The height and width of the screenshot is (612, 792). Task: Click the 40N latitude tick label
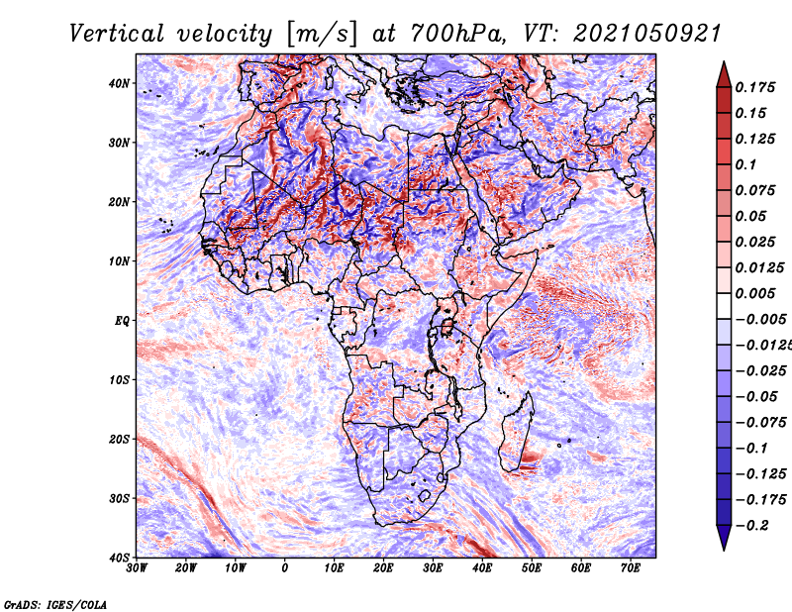(119, 83)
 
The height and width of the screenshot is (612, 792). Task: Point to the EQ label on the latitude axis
(122, 321)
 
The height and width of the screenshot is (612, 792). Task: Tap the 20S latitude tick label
(119, 439)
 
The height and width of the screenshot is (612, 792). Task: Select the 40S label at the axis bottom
(119, 558)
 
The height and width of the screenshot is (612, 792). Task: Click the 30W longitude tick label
(137, 568)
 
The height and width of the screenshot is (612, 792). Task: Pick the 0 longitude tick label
(285, 568)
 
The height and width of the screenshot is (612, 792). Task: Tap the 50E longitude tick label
(532, 568)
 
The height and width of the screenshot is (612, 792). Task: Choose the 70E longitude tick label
(631, 568)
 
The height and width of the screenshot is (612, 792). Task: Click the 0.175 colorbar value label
(754, 87)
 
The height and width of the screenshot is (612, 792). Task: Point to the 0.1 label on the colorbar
(745, 164)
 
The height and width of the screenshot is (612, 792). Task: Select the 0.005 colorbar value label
(754, 293)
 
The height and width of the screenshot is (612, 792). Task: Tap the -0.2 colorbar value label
(751, 526)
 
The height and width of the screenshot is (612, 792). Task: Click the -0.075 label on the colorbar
(759, 423)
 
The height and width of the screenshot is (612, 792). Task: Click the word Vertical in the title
(117, 34)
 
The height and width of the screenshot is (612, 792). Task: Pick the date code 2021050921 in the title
(647, 34)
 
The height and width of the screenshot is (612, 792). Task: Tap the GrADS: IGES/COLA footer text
(55, 604)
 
